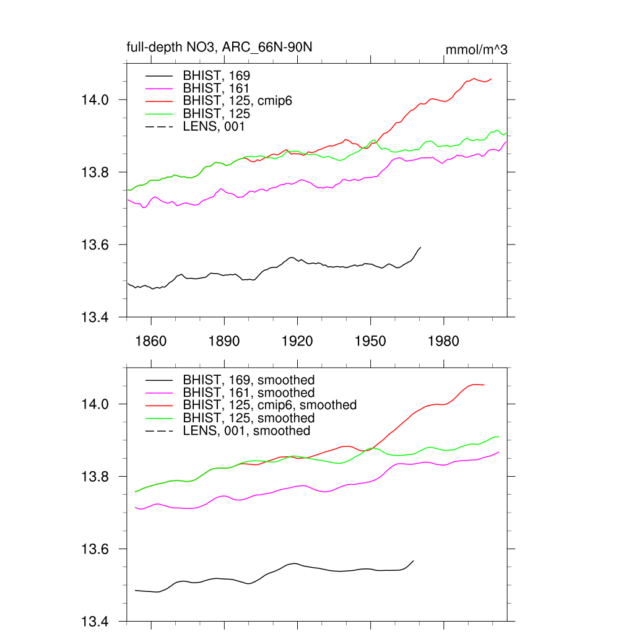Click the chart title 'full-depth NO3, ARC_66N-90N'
click(x=223, y=47)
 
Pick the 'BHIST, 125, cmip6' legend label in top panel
click(x=237, y=101)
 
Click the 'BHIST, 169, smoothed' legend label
click(x=249, y=380)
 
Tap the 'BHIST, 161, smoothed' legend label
click(x=249, y=393)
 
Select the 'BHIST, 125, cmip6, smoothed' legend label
click(x=269, y=405)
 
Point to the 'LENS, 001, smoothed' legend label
click(x=246, y=430)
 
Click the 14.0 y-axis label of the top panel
click(x=95, y=100)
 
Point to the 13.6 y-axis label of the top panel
click(x=95, y=245)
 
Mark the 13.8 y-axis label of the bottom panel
click(x=95, y=477)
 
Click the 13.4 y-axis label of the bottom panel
click(x=95, y=622)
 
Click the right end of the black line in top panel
click(x=421, y=248)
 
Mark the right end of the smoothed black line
click(x=414, y=560)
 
